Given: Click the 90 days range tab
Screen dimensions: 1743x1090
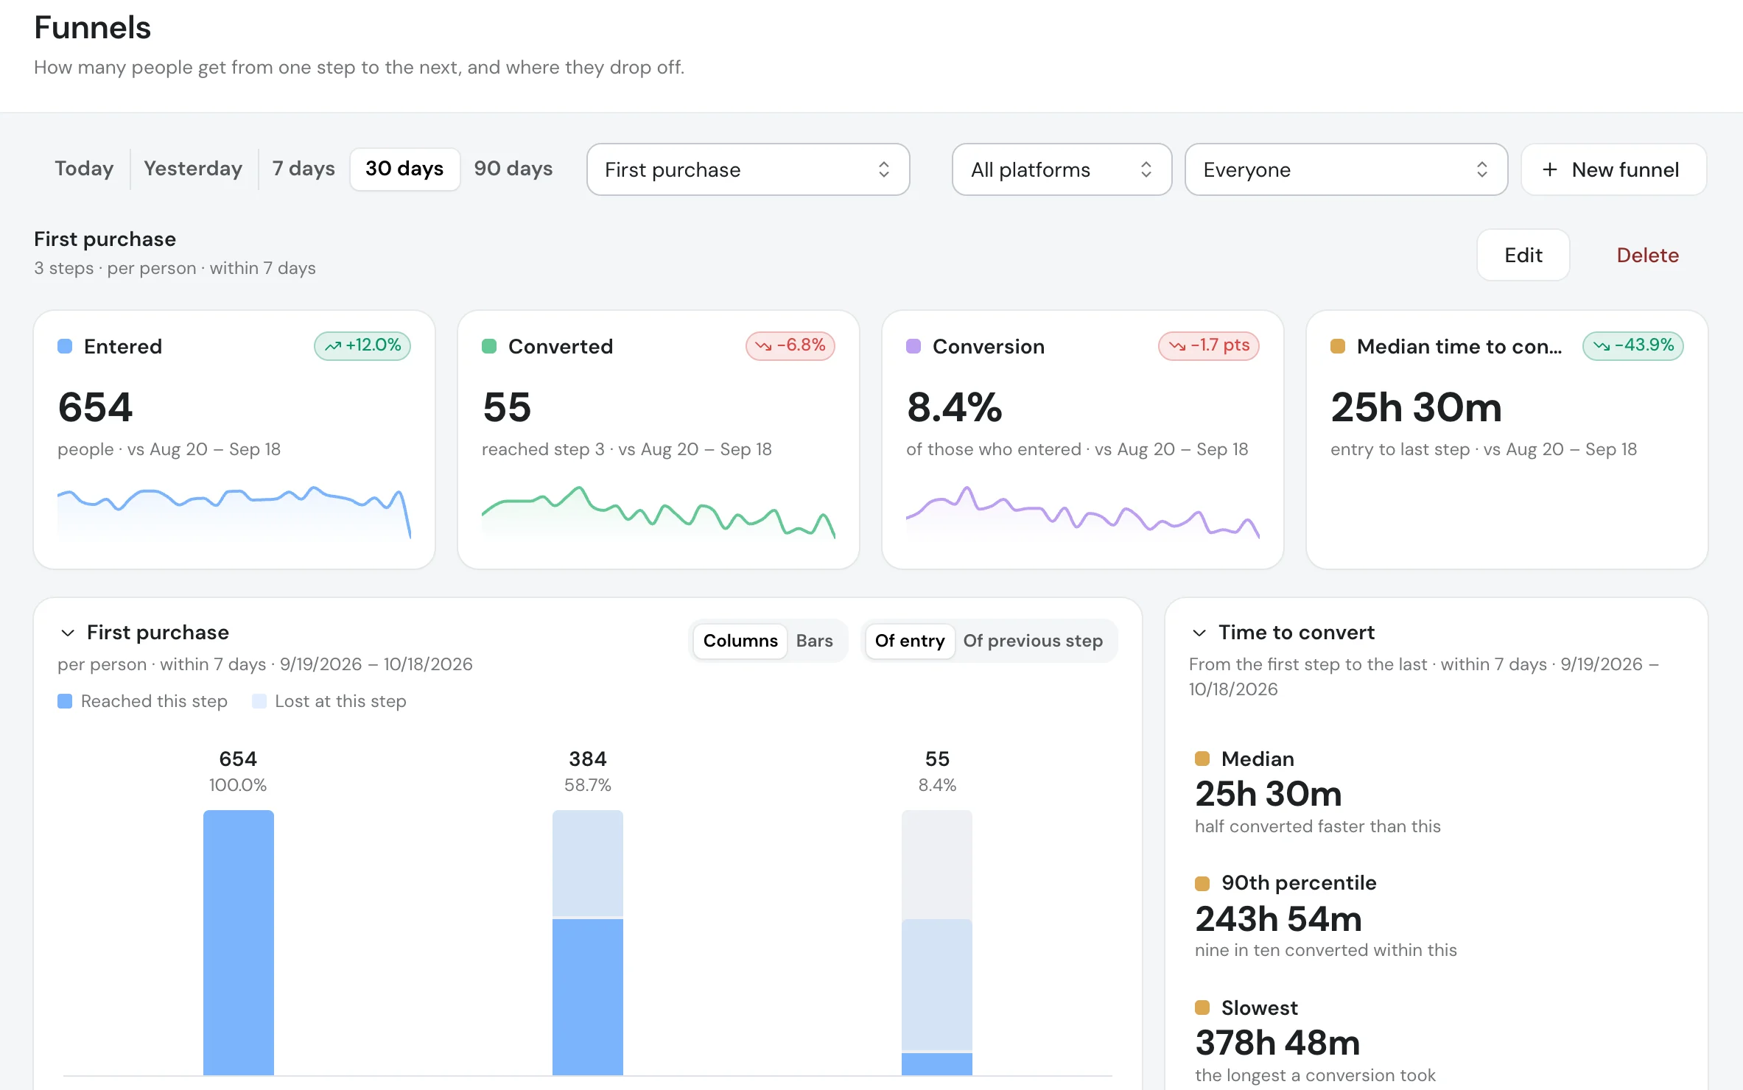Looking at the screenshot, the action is coord(513,169).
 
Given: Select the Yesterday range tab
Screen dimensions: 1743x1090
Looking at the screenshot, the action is coord(193,169).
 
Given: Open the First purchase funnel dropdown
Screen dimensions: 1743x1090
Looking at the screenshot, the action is coord(748,169).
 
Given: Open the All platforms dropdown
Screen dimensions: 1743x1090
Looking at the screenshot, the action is coord(1062,169).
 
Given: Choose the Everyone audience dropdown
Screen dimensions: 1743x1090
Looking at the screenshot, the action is coord(1346,169).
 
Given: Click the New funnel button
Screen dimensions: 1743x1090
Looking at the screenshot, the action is coord(1613,169).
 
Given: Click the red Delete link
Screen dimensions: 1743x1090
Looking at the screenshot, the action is coord(1647,255).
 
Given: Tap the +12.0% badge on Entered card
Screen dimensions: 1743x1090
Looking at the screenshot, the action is coord(362,345).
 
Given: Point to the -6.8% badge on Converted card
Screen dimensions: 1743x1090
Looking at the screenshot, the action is coord(790,345).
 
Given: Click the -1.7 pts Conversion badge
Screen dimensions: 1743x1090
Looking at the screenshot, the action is coord(1208,345).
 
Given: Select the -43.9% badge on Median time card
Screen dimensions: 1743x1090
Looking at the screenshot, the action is coord(1632,345).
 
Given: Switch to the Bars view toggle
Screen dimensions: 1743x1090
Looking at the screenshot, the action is coord(814,641).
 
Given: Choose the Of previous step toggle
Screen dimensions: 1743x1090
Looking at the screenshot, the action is coord(1033,641).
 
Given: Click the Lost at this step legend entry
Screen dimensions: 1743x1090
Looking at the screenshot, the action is coord(329,701).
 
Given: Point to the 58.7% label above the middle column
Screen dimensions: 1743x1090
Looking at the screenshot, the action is coord(587,785).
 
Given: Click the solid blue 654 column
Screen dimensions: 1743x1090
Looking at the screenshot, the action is coord(238,943).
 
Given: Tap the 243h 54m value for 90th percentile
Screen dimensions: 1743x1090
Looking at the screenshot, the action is coord(1278,919).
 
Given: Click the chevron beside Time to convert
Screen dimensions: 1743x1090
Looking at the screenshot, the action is coord(1199,633).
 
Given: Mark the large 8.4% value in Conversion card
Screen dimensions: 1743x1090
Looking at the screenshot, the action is coord(954,407).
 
